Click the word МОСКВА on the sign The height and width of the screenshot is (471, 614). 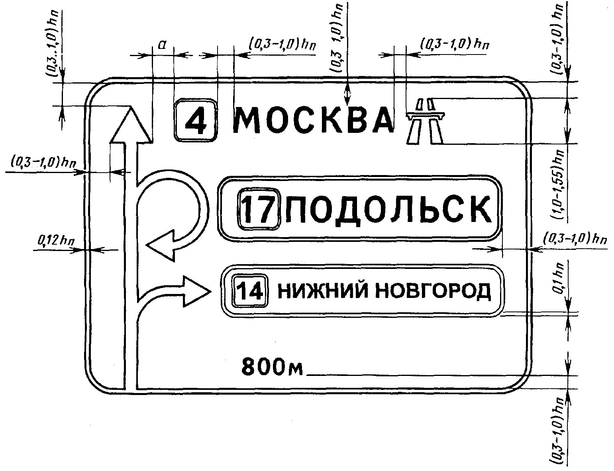(313, 120)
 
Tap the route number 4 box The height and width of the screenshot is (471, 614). (196, 120)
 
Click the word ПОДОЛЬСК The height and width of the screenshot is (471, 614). (388, 209)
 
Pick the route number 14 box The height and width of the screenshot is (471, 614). (250, 291)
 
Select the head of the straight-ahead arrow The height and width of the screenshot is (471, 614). (130, 125)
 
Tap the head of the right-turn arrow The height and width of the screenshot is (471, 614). (195, 291)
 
